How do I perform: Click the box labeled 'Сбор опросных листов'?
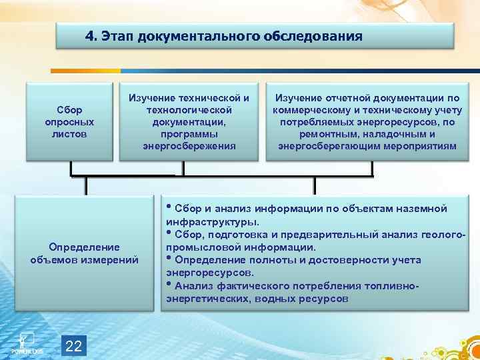69,122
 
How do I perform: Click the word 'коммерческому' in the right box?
309,111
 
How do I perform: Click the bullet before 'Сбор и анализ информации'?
169,207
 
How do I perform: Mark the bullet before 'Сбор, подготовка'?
169,233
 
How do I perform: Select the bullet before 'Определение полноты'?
169,258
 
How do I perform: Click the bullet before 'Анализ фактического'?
169,284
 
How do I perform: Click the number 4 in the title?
89,36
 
